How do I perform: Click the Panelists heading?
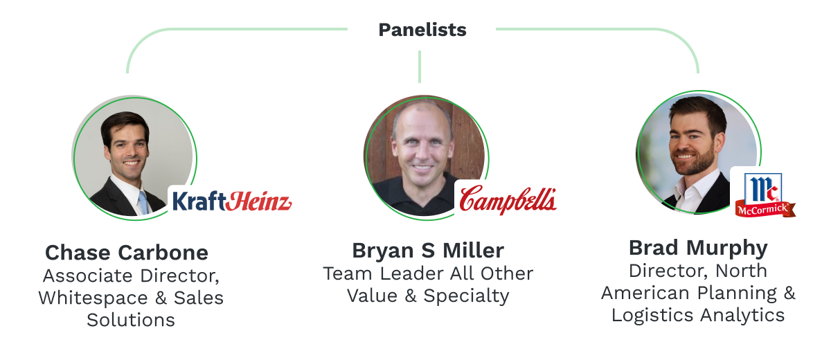pos(422,30)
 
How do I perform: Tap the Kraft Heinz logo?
pos(231,201)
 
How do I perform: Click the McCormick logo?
pos(765,194)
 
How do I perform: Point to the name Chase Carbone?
pos(127,252)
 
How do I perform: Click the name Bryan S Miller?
pos(428,250)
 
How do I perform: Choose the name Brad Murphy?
pos(698,247)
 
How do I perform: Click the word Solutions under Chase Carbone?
pos(131,320)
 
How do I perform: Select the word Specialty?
pos(466,296)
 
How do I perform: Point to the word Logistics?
pos(652,316)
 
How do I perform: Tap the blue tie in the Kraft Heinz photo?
pos(143,201)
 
